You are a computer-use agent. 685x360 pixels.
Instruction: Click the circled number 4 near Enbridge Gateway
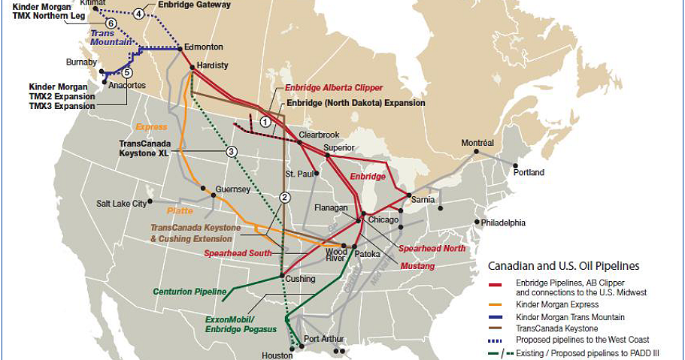(139, 14)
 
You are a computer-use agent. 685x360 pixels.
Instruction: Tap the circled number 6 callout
(111, 23)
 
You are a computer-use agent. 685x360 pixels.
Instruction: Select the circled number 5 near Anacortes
(126, 72)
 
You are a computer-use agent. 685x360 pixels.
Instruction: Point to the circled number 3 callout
(232, 151)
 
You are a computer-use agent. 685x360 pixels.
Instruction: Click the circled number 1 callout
(265, 121)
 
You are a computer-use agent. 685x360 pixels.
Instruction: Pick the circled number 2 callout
(285, 198)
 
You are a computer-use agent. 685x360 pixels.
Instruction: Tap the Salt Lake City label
(122, 203)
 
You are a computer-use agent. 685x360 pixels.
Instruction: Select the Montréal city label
(477, 143)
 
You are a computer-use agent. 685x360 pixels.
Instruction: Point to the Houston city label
(277, 355)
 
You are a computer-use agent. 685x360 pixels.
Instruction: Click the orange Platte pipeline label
(180, 211)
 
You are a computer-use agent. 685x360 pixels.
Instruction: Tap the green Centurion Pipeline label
(189, 292)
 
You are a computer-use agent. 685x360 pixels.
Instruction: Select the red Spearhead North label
(432, 248)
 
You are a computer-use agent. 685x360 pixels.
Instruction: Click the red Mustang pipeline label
(417, 265)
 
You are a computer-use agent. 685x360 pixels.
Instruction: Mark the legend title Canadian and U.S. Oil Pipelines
(564, 265)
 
